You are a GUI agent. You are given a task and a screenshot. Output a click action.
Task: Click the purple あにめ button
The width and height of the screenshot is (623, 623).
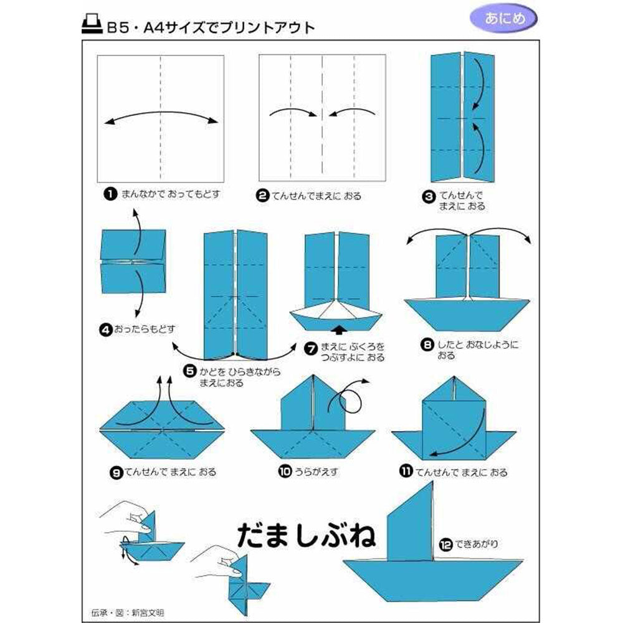[503, 18]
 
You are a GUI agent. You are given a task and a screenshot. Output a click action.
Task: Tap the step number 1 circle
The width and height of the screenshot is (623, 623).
[110, 194]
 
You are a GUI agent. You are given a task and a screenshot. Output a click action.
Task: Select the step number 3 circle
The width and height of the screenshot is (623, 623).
[429, 196]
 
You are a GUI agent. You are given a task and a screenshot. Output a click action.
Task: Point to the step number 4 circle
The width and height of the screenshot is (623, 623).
[106, 330]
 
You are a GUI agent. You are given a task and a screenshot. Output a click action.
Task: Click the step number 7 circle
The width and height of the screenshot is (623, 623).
[311, 348]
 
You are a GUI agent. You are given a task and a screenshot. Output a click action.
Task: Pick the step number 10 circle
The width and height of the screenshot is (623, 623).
[285, 471]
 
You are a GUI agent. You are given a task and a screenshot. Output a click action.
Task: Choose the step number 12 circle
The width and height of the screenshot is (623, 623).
[446, 545]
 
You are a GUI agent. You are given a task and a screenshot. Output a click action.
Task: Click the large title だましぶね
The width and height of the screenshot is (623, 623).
[306, 535]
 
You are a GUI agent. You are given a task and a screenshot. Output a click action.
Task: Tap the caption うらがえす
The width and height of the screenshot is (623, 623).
[316, 472]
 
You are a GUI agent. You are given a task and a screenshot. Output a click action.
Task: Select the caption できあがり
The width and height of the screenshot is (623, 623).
[477, 544]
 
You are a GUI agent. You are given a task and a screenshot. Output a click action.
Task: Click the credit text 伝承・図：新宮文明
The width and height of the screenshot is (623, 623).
[127, 612]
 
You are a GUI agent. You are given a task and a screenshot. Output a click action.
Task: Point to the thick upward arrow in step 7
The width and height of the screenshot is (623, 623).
[338, 330]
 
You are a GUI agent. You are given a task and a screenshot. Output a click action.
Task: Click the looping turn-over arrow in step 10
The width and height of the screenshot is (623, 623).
[348, 397]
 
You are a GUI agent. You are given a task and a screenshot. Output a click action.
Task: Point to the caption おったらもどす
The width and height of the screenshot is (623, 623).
[145, 330]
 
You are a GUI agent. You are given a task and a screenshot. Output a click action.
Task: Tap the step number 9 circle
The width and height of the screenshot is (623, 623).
[116, 472]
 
